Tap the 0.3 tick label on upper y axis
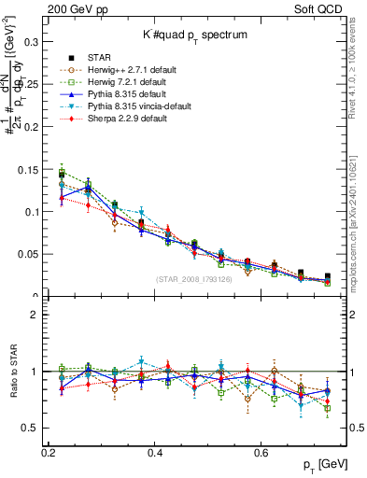[x=30, y=42]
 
